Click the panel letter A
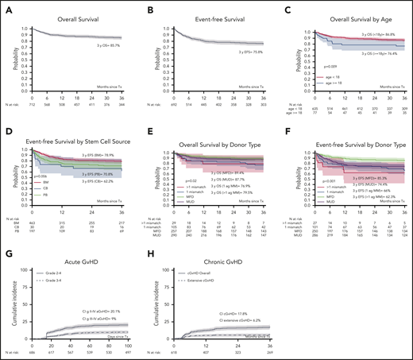click(6, 6)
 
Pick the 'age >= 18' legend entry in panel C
click(322, 83)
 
